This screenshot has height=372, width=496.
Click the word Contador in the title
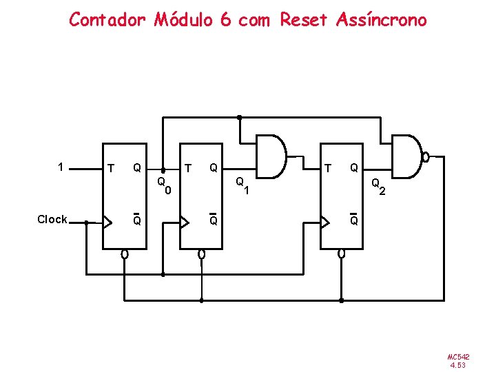[107, 19]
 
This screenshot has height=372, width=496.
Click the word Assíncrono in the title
[382, 19]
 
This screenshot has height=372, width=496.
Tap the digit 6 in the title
[225, 19]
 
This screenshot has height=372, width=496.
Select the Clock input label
[52, 220]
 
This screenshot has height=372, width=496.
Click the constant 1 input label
[61, 167]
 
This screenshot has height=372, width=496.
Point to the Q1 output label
[241, 185]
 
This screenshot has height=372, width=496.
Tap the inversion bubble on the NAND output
[426, 157]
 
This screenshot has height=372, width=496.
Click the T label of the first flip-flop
[110, 167]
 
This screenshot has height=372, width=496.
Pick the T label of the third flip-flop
[328, 167]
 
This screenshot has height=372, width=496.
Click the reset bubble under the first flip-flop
[124, 254]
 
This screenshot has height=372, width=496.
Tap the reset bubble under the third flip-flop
[342, 254]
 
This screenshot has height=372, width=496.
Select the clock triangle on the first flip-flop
[107, 222]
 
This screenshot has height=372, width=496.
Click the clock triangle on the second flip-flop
[185, 222]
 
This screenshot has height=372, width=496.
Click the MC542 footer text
[458, 357]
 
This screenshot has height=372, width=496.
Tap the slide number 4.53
[458, 365]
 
